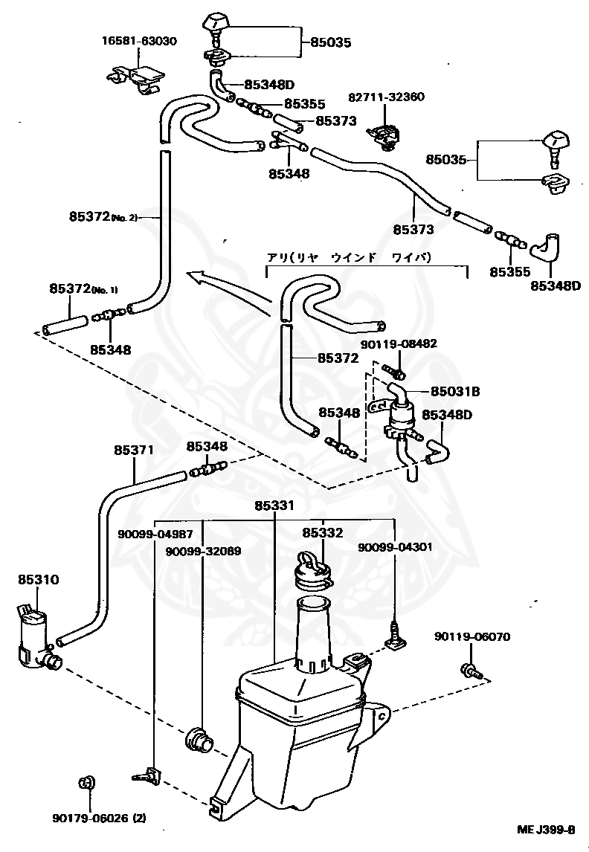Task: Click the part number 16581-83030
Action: coord(140,42)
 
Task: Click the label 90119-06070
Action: coord(472,636)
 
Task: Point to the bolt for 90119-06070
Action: coord(471,671)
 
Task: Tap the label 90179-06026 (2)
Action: coord(99,818)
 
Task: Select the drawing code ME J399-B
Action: coord(546,830)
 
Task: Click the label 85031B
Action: coord(455,391)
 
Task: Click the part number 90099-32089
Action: coord(203,551)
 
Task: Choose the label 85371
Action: coord(134,450)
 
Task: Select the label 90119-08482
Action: coord(399,343)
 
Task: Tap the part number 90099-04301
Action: coord(395,546)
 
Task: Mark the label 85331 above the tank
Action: coord(274,506)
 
